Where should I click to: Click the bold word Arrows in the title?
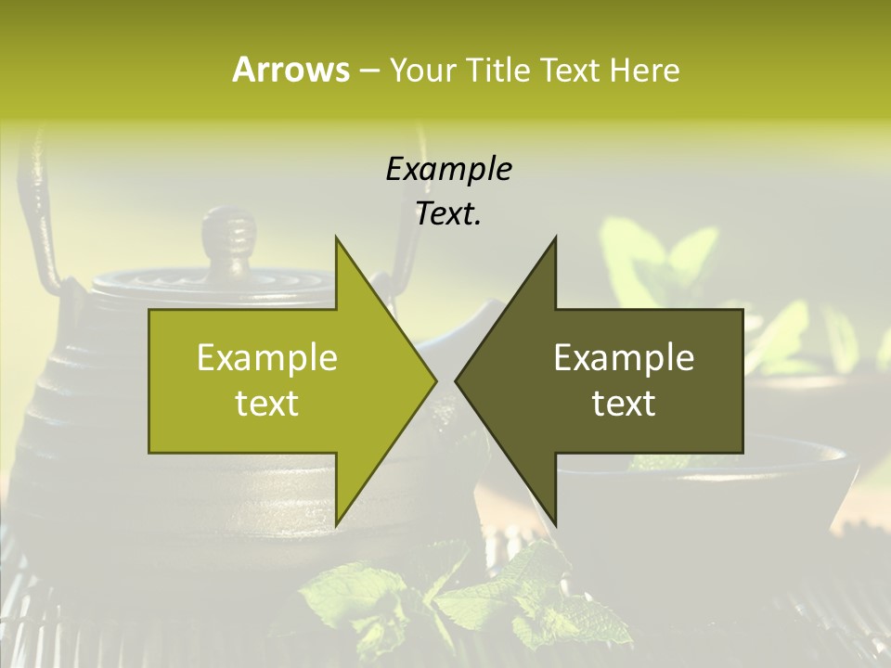pos(291,70)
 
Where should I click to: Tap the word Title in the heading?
pos(496,70)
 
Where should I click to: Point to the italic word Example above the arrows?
pos(448,169)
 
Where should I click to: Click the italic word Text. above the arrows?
pos(448,213)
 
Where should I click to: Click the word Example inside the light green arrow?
pos(267,357)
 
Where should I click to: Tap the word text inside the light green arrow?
pos(267,404)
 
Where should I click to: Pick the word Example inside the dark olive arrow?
pos(624,357)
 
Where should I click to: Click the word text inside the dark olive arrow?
pos(624,404)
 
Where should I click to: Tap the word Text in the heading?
pos(570,70)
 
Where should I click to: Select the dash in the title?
pos(368,71)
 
